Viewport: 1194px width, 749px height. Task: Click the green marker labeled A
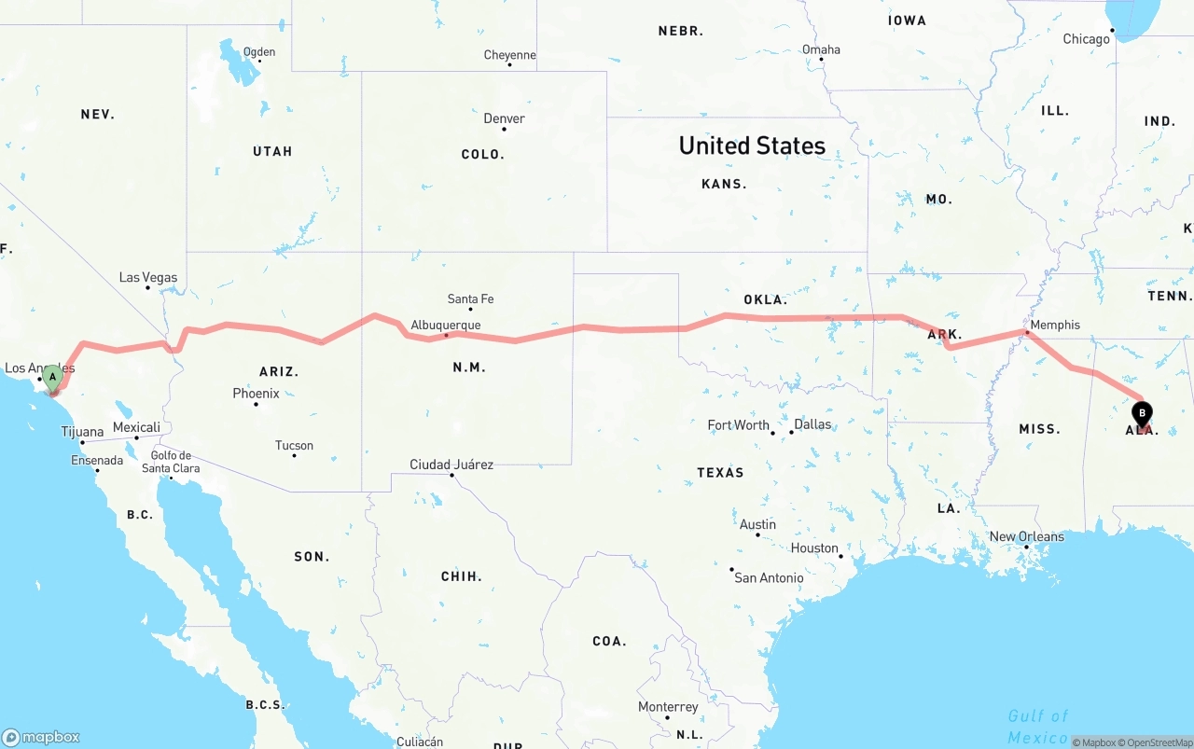click(52, 378)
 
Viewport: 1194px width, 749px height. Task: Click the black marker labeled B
click(1141, 413)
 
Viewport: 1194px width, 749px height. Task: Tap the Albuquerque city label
click(446, 326)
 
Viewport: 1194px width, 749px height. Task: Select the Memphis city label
click(1055, 325)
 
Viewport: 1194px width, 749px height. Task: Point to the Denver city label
click(504, 118)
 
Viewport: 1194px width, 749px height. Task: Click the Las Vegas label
click(147, 277)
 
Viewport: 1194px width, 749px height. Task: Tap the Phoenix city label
click(257, 394)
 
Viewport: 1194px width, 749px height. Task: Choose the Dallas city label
click(812, 424)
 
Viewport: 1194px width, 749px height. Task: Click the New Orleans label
click(1026, 536)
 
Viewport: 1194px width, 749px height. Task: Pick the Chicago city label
click(1087, 39)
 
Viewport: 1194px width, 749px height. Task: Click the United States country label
click(752, 146)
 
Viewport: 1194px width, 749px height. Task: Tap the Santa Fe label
click(470, 298)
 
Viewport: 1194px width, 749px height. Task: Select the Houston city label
click(814, 548)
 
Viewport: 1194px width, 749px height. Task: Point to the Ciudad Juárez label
click(451, 465)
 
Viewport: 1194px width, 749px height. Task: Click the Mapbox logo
click(41, 737)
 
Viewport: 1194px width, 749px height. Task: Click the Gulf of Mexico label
click(1037, 727)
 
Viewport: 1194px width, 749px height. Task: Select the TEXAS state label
click(720, 473)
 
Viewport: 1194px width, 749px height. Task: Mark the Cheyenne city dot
click(510, 65)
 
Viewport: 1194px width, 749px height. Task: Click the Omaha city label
click(821, 49)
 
